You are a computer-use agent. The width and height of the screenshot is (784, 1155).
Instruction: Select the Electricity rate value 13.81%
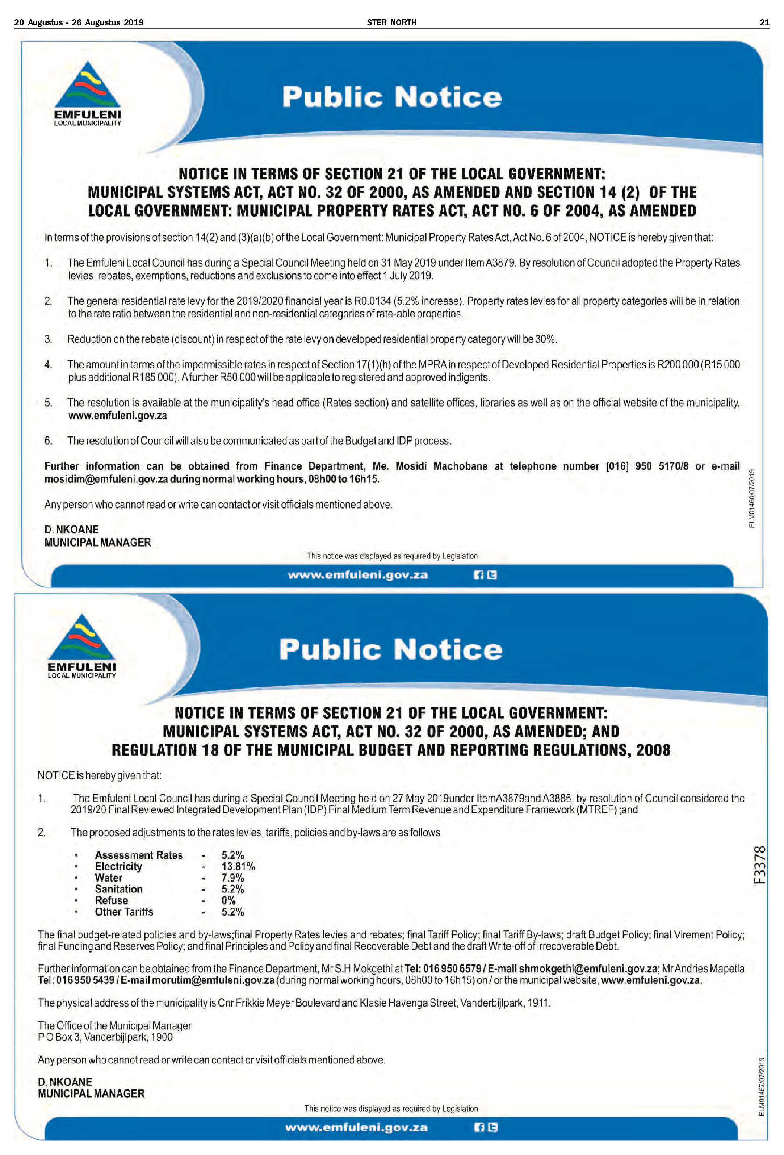[x=238, y=866]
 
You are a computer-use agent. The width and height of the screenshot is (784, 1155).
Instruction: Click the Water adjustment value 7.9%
[x=232, y=878]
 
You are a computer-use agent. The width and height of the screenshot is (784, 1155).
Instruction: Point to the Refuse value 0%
[x=229, y=900]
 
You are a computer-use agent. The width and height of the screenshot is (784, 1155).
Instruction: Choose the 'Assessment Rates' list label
[x=139, y=855]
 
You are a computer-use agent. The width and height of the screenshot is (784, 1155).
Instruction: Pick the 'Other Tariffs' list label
[x=124, y=912]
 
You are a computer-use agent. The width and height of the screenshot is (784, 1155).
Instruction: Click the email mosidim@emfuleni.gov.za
[x=106, y=479]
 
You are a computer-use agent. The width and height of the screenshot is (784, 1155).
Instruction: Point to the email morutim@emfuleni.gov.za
[x=213, y=980]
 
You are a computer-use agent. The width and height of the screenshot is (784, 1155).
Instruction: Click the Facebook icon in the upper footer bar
[x=478, y=575]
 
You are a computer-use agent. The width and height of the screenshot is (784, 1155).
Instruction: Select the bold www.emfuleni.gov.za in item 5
[x=117, y=415]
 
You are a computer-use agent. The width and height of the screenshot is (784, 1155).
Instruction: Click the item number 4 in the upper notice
[x=48, y=364]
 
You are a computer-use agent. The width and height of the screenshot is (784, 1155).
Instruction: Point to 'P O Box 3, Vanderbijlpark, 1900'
[x=105, y=1037]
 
